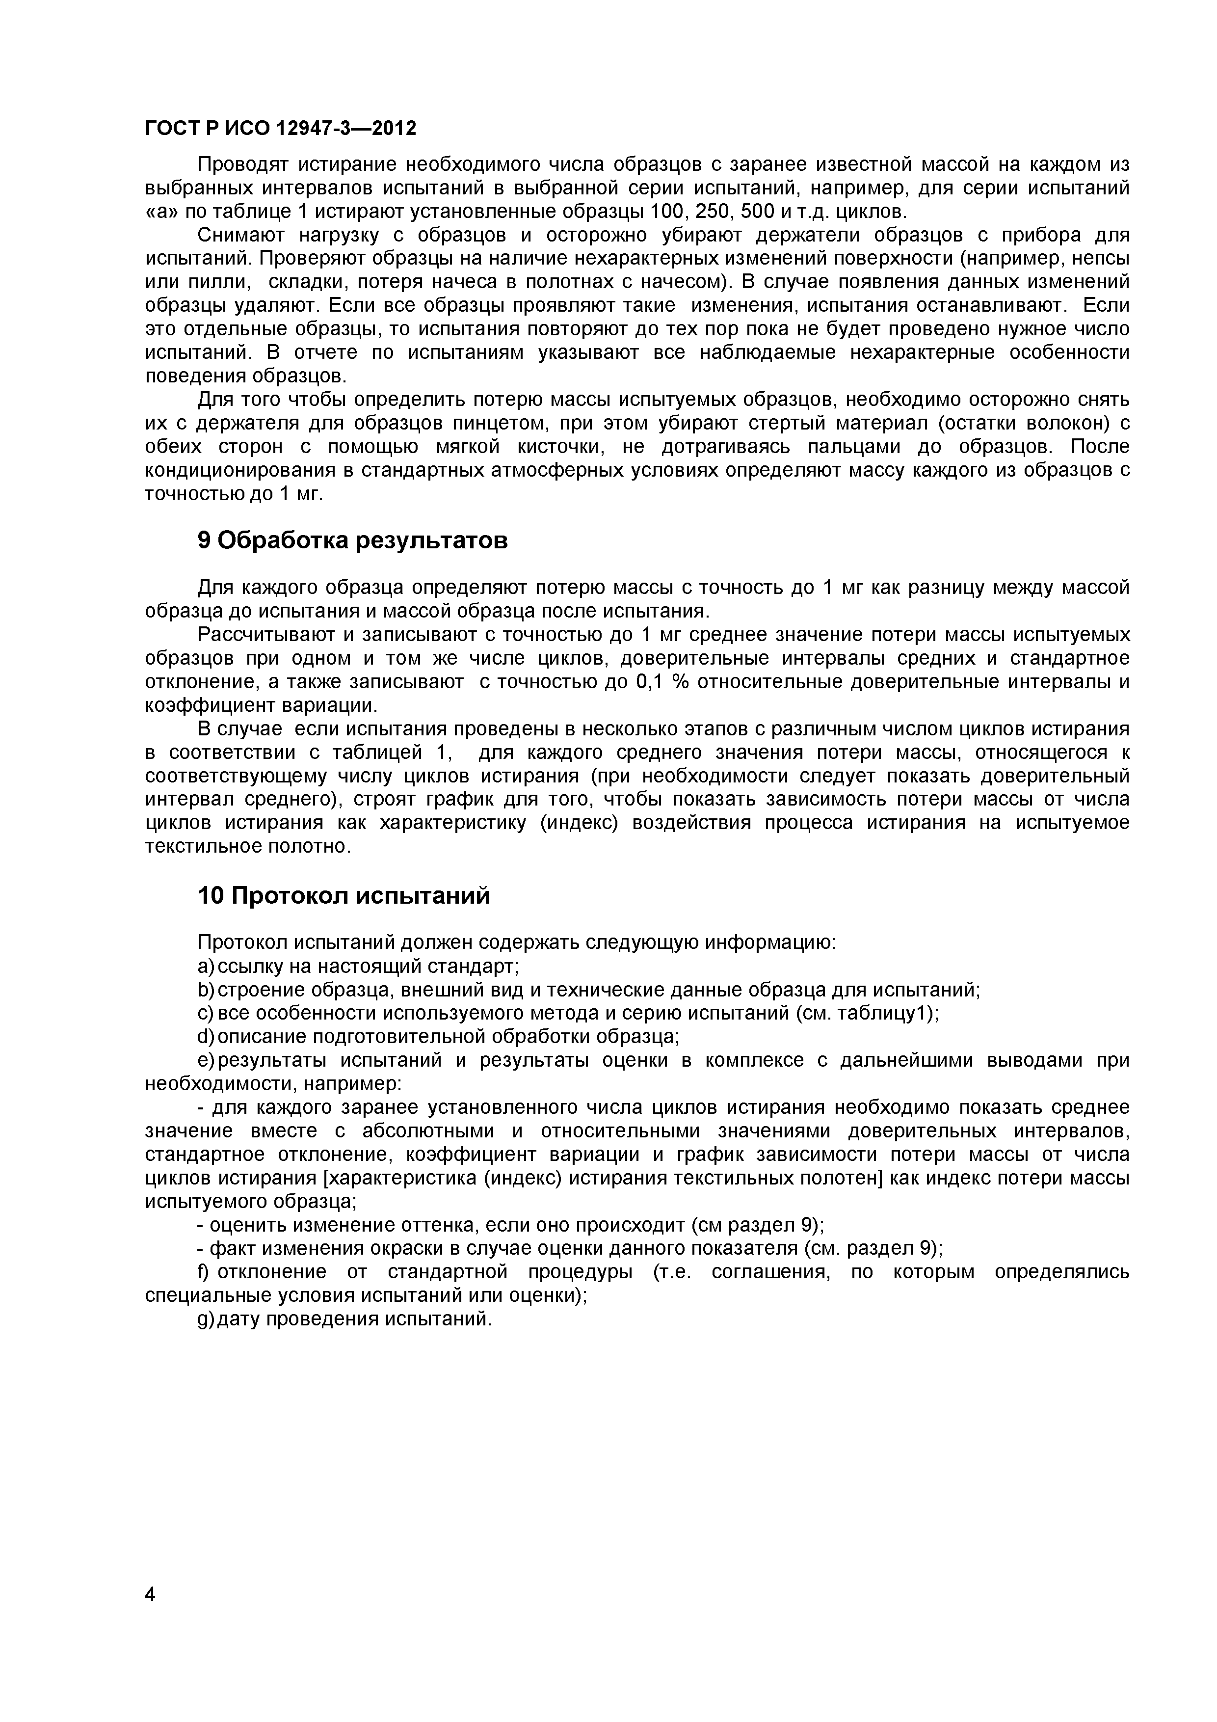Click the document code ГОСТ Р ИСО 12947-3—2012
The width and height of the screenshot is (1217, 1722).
(280, 129)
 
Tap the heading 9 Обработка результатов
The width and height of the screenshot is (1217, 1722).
(352, 540)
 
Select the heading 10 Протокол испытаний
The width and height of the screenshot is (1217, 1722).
(344, 895)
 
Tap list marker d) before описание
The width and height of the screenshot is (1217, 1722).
(206, 1037)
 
